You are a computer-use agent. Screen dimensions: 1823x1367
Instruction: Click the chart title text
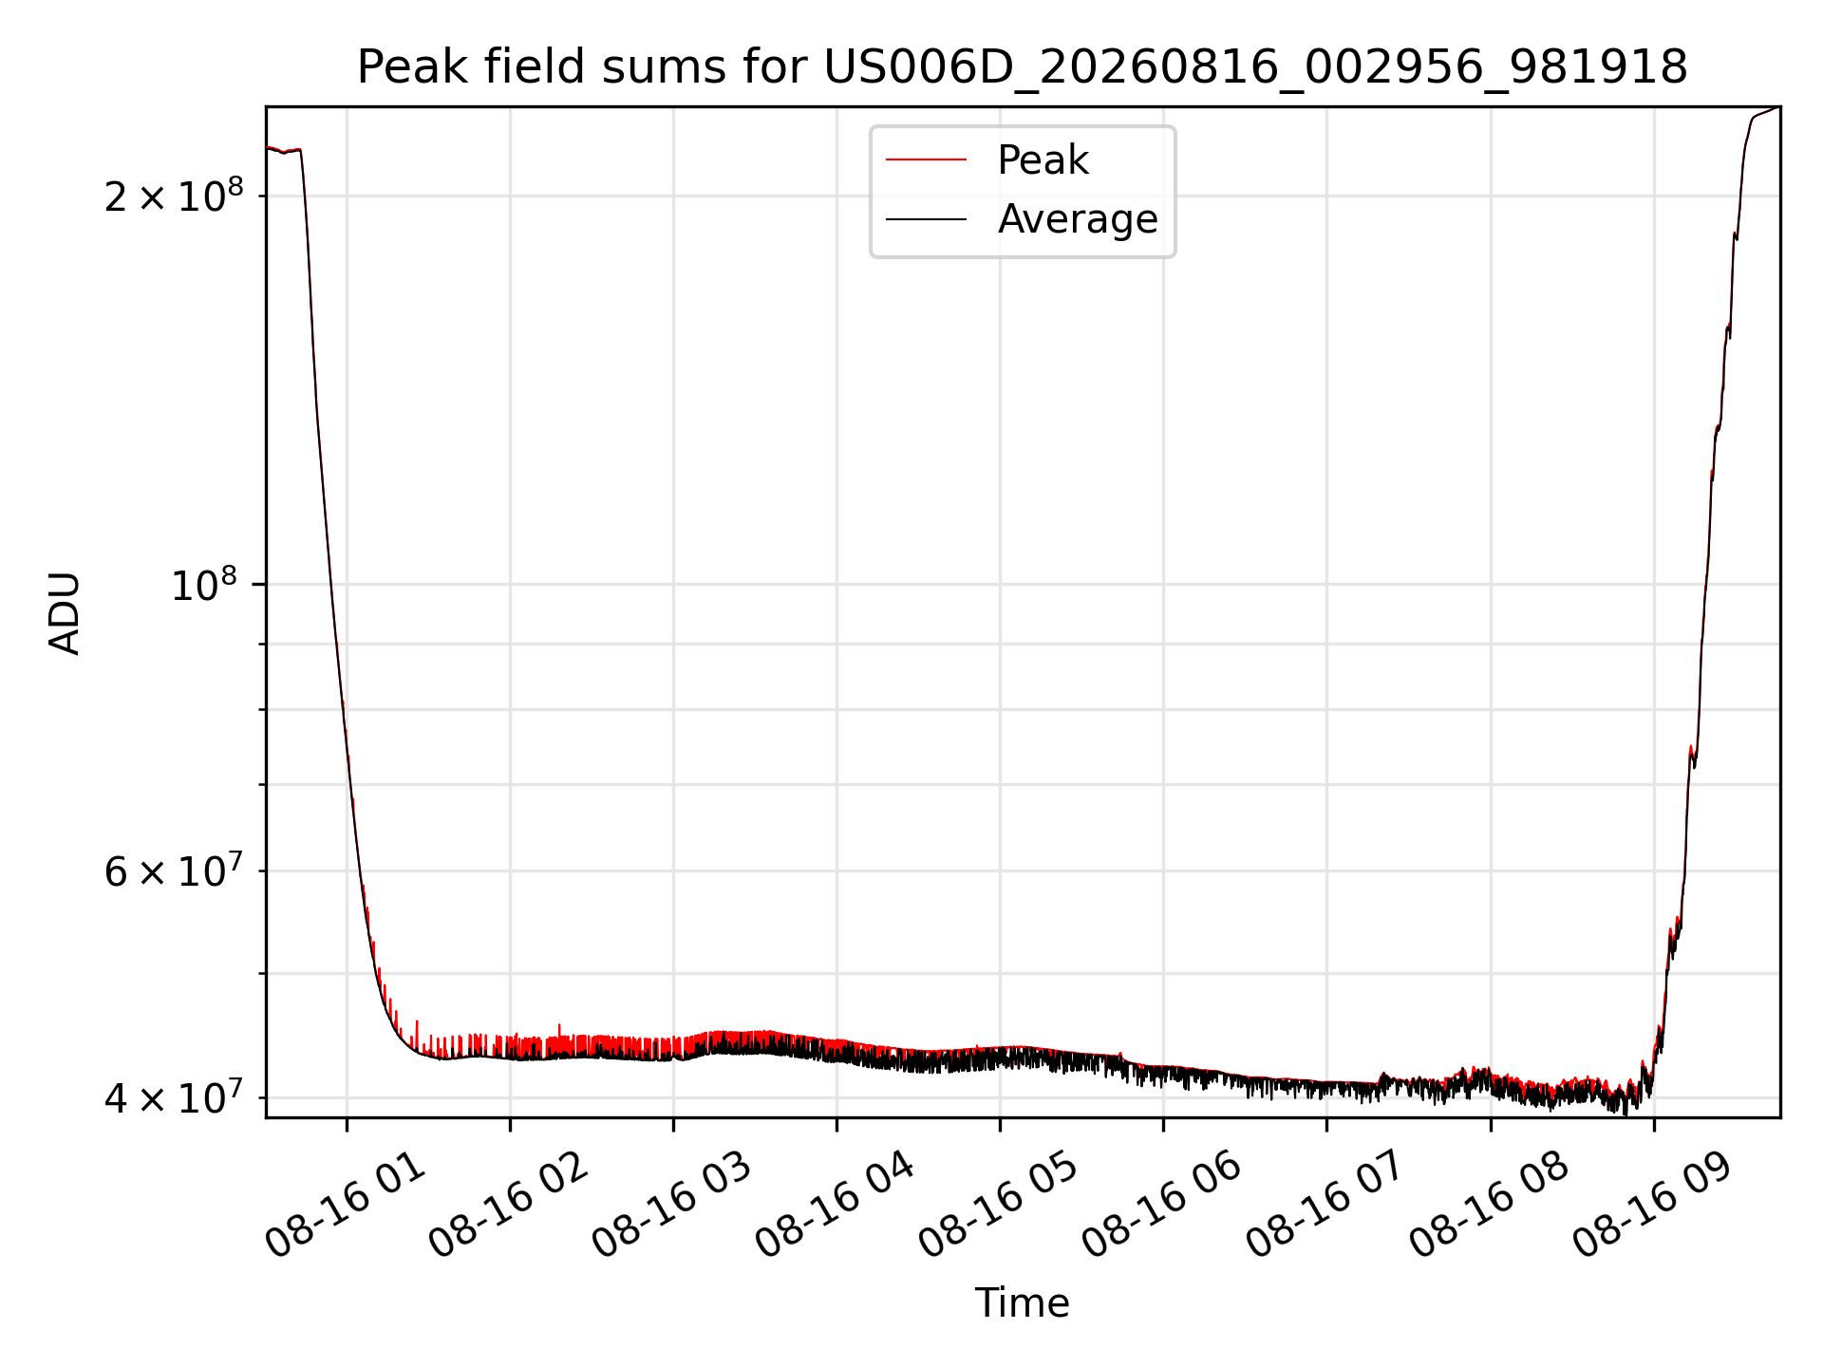[1022, 67]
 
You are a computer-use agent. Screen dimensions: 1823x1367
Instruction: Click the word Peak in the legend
[1043, 160]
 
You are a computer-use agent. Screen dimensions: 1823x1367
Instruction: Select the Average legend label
[1078, 219]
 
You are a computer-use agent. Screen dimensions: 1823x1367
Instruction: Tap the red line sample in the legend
[926, 160]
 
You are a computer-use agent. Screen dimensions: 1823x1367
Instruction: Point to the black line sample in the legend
[926, 219]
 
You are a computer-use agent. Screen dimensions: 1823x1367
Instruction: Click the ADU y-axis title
[65, 613]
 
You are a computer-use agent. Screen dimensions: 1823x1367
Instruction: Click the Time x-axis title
[1022, 1303]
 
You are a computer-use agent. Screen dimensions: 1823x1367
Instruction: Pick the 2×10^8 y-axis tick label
[173, 195]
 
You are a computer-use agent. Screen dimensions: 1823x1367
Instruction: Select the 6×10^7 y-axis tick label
[173, 871]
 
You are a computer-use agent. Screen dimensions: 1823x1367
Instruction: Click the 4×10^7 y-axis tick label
[173, 1097]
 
